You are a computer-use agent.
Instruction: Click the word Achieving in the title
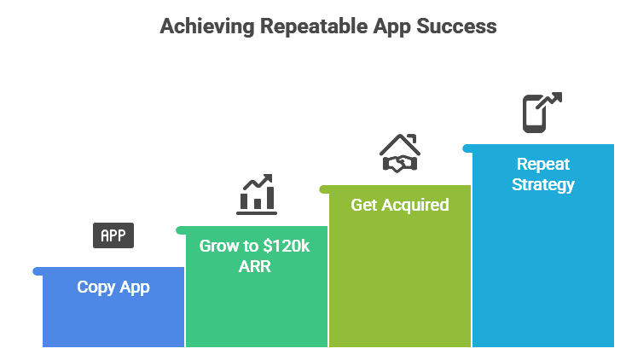207,27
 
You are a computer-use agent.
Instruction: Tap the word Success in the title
456,26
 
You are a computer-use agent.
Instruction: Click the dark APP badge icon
113,235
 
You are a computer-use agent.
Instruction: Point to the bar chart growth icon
257,195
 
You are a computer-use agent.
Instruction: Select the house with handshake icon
400,154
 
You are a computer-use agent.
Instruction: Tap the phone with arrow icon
542,113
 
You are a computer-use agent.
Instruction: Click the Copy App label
113,287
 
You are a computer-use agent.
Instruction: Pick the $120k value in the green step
287,246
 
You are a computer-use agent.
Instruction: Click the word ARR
255,266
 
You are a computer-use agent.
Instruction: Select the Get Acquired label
400,206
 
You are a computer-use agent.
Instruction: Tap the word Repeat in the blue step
543,164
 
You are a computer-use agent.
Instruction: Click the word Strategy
543,185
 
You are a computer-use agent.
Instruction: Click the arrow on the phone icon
549,101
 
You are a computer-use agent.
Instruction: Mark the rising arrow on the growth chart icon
258,182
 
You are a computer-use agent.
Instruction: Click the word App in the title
392,27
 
